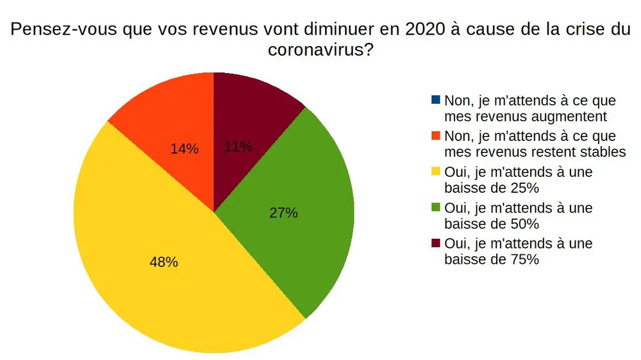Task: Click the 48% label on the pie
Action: click(163, 262)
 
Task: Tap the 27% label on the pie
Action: click(283, 213)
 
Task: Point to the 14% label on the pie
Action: click(185, 149)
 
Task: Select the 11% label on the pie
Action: click(238, 147)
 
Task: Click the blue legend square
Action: click(436, 100)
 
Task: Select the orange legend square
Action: click(436, 136)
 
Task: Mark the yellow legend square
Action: click(436, 172)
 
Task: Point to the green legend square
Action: click(436, 208)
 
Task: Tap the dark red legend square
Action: click(436, 243)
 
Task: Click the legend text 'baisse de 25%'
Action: click(491, 188)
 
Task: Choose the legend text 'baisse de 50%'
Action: click(491, 224)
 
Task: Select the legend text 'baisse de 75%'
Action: click(491, 259)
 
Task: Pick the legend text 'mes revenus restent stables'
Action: click(534, 152)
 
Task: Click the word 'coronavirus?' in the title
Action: click(320, 51)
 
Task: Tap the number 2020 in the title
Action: click(349, 30)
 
